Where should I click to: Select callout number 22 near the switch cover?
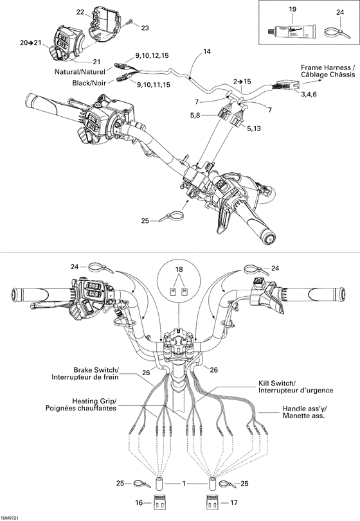pos(80,12)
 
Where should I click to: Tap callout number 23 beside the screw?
pos(144,28)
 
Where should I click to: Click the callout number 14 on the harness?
pos(206,51)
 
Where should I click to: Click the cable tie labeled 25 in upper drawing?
pos(172,216)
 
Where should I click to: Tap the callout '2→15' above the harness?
pos(242,82)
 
